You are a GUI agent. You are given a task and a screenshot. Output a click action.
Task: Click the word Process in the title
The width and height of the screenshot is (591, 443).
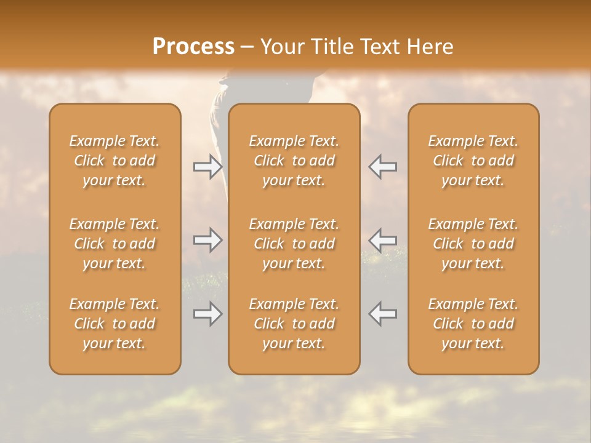click(x=193, y=47)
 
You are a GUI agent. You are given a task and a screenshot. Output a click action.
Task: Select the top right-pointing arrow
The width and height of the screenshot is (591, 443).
click(x=208, y=167)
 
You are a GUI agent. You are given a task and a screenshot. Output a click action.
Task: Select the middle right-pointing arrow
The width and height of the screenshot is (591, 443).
click(x=208, y=240)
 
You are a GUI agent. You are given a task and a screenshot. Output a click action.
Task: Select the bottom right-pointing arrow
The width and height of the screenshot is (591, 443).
click(x=208, y=314)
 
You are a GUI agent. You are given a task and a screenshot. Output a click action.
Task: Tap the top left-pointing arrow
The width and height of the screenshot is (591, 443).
click(x=382, y=167)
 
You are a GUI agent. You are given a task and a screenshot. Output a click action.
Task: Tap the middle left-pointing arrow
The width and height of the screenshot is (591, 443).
click(x=382, y=240)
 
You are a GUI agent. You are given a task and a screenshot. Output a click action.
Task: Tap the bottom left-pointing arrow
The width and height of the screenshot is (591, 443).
click(x=382, y=314)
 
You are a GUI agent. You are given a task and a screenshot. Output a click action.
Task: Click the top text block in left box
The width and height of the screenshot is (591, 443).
click(x=115, y=161)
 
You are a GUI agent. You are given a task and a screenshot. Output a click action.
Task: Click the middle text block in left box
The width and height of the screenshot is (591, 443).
click(x=115, y=244)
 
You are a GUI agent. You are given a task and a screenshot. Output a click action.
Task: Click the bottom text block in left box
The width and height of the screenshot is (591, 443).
click(x=115, y=324)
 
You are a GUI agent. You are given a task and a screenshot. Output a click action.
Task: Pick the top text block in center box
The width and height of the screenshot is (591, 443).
click(x=294, y=161)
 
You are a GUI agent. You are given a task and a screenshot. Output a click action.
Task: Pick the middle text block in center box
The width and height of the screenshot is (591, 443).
click(x=294, y=244)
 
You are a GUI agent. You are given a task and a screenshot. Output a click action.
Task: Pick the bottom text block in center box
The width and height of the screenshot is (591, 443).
click(x=294, y=324)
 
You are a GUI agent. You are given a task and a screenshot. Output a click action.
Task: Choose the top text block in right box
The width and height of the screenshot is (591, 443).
click(x=473, y=161)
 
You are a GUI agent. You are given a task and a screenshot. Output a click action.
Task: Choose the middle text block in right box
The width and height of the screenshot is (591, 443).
click(x=473, y=244)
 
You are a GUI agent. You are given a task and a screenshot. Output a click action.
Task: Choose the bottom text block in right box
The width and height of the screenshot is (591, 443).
click(x=473, y=324)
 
